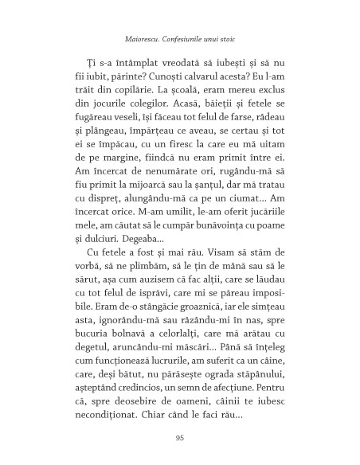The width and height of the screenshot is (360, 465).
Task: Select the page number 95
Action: pyautogui.click(x=179, y=436)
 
